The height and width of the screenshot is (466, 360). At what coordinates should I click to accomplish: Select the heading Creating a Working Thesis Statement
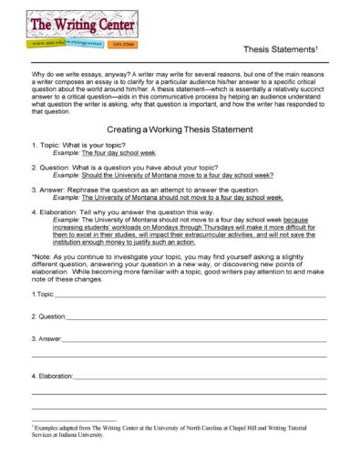tap(180, 129)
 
